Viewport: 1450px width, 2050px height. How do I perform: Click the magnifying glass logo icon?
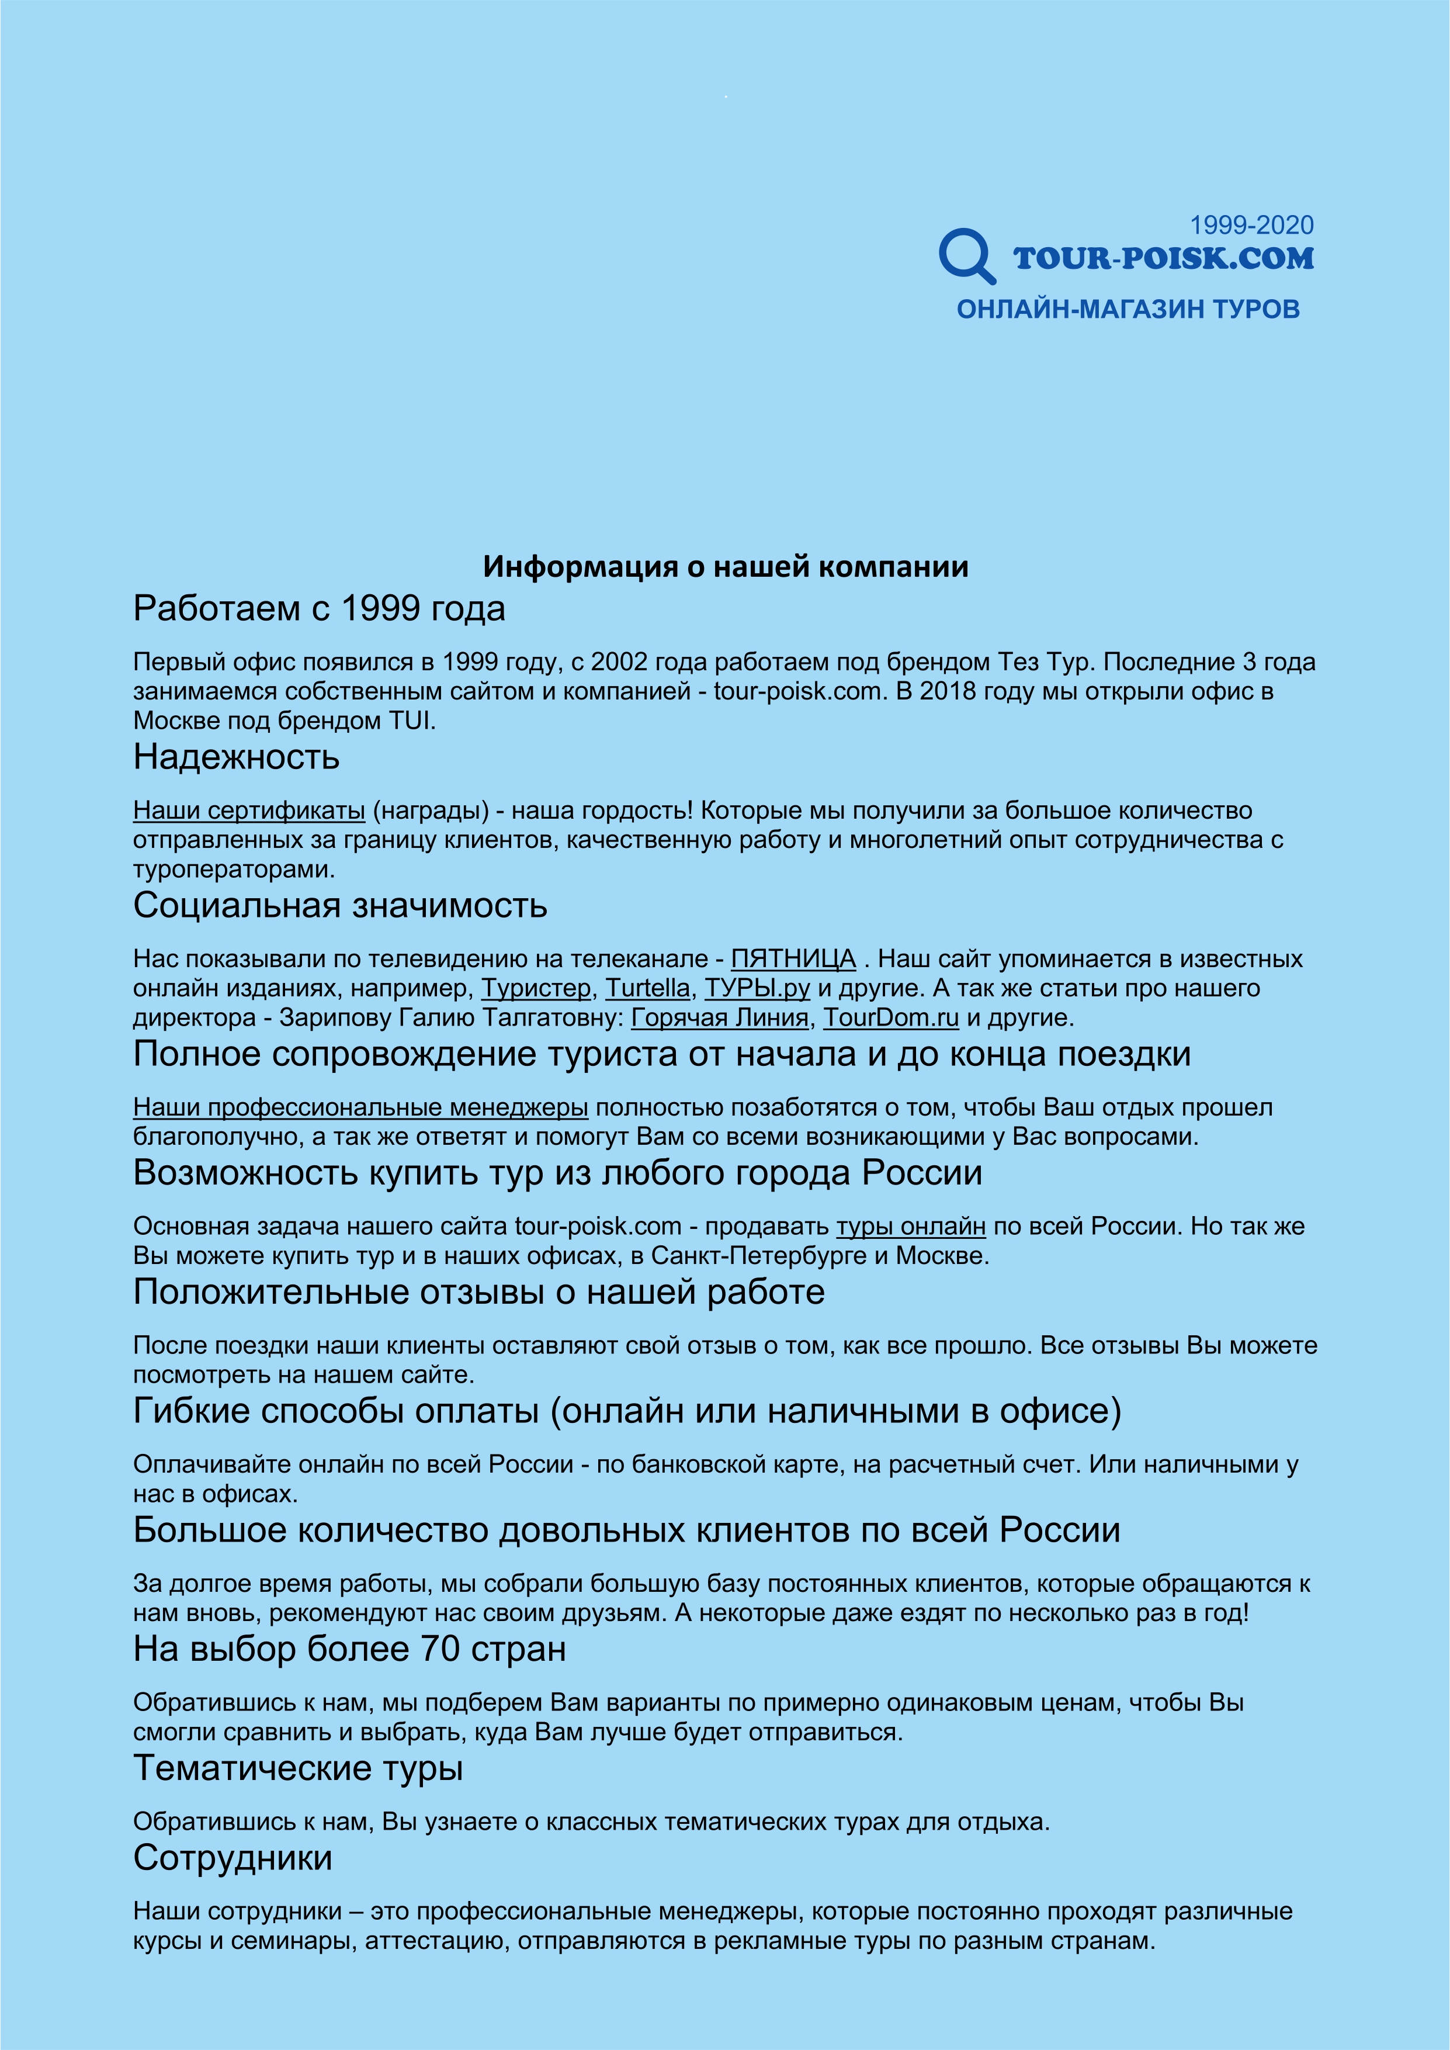coord(966,255)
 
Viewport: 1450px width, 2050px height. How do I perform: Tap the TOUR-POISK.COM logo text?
coord(1163,259)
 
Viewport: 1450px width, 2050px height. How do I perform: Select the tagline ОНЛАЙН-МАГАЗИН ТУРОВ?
coord(1128,310)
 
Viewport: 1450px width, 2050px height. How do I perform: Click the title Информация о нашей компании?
coord(725,567)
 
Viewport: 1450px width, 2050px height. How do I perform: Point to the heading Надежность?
coord(237,757)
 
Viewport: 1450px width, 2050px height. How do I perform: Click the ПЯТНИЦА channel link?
coord(793,959)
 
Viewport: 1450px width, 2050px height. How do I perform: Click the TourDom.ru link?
coord(890,1018)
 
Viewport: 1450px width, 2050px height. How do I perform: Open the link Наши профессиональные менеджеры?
coord(360,1108)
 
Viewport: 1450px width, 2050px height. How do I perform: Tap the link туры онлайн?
coord(911,1227)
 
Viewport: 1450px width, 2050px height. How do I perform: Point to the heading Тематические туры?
coord(298,1768)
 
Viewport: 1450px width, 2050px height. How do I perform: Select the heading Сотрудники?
coord(233,1858)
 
